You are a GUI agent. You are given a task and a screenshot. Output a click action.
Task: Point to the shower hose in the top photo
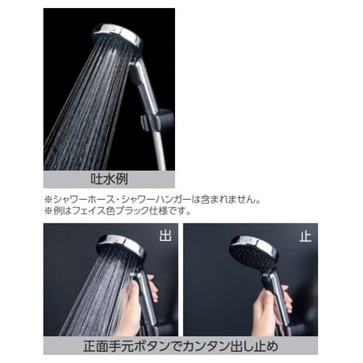(157, 149)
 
